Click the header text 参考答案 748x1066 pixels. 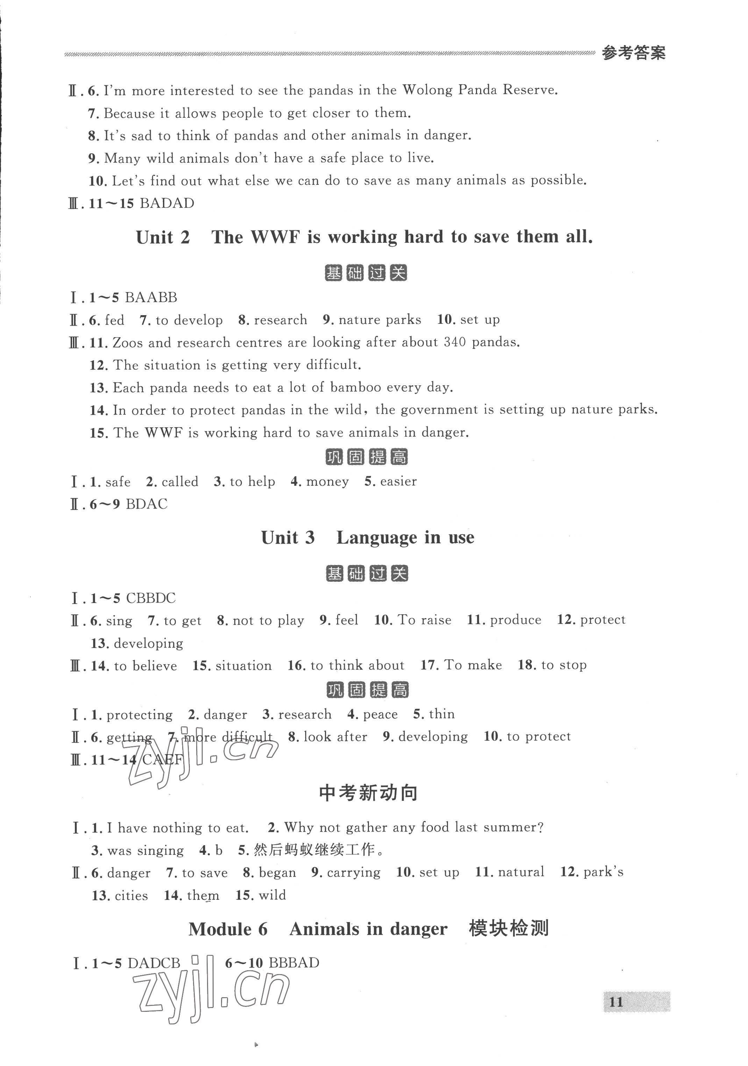coord(633,53)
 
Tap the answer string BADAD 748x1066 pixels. coord(167,203)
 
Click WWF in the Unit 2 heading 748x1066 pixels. coord(276,237)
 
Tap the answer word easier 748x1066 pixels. coord(398,481)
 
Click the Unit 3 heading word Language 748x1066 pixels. coord(377,538)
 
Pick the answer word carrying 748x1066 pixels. coord(354,873)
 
